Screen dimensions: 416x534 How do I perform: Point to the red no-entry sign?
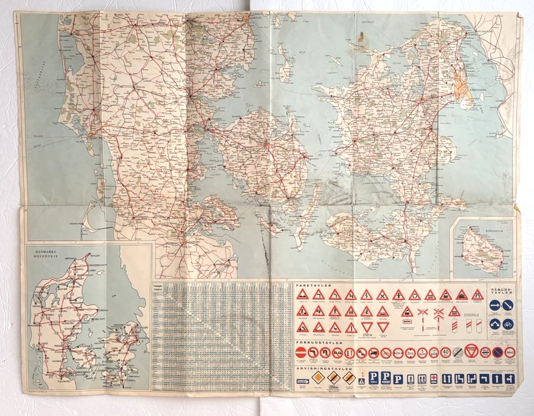pyautogui.click(x=300, y=353)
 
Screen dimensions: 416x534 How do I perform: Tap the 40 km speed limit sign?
pyautogui.click(x=446, y=352)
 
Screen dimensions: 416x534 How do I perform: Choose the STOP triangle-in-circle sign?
pyautogui.click(x=472, y=352)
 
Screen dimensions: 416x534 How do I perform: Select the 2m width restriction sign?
pyautogui.click(x=398, y=353)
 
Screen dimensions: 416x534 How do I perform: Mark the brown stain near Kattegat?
pyautogui.click(x=364, y=38)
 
